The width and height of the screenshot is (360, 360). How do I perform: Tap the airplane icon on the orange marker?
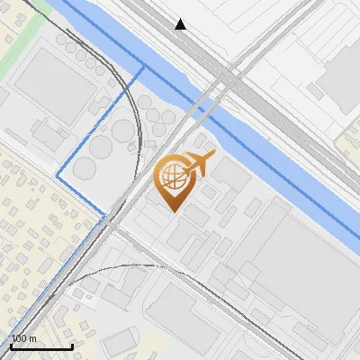tap(198, 163)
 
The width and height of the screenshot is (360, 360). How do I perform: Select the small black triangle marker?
tap(181, 24)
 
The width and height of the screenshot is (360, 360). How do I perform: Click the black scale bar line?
tap(40, 346)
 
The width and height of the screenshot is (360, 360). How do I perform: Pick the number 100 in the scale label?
tap(18, 338)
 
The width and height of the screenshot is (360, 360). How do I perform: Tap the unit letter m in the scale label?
tap(32, 338)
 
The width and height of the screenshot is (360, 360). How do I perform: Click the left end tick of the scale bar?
tap(10, 345)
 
